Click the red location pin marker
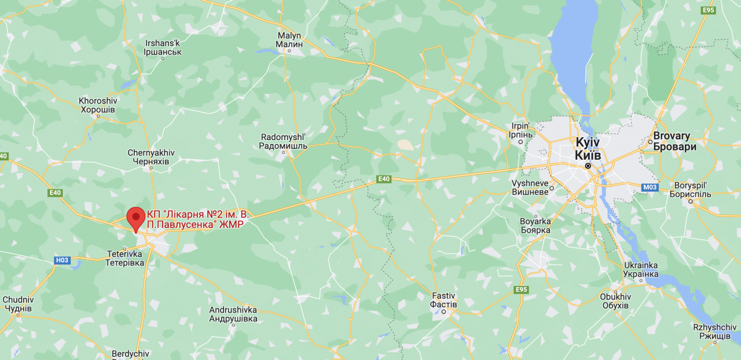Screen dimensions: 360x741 click(x=136, y=219)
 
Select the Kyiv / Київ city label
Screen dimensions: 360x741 click(x=588, y=149)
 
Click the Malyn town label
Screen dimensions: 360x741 click(x=289, y=39)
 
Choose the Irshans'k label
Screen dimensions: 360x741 click(x=163, y=47)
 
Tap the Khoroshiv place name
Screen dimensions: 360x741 click(x=98, y=105)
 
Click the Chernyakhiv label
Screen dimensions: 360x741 click(x=151, y=157)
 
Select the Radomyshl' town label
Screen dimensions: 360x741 click(x=284, y=141)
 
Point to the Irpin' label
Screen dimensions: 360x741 click(x=520, y=130)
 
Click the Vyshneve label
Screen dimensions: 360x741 click(x=530, y=187)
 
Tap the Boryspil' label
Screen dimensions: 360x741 click(x=690, y=190)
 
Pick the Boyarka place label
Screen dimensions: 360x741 click(x=535, y=225)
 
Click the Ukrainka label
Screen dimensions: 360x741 click(x=641, y=269)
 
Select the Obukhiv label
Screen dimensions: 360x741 click(x=615, y=301)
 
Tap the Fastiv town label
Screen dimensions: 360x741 click(x=444, y=300)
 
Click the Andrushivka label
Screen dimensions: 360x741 click(x=233, y=314)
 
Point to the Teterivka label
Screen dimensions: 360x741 click(x=125, y=258)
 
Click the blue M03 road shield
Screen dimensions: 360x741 click(x=650, y=188)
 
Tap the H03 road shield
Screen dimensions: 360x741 click(x=62, y=260)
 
